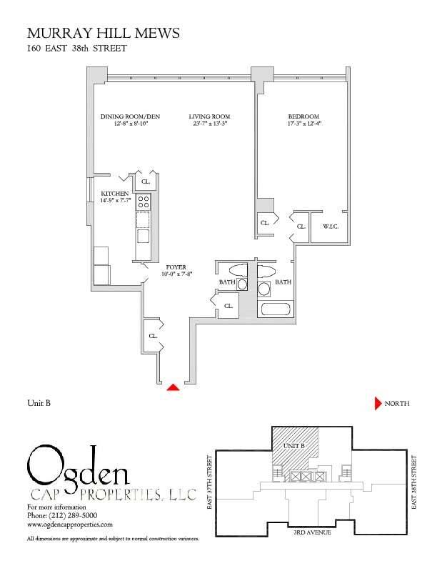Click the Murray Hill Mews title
pyautogui.click(x=103, y=33)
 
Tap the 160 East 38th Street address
pyautogui.click(x=77, y=49)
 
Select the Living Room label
pyautogui.click(x=209, y=116)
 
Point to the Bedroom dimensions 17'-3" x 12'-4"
pyautogui.click(x=304, y=124)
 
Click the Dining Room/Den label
pyautogui.click(x=130, y=116)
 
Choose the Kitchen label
pyautogui.click(x=115, y=194)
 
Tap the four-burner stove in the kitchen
pyautogui.click(x=143, y=202)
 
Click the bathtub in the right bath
pyautogui.click(x=276, y=309)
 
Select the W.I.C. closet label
pyautogui.click(x=331, y=227)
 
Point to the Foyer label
pyautogui.click(x=176, y=267)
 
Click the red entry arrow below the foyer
pyautogui.click(x=173, y=387)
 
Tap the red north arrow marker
pyautogui.click(x=378, y=403)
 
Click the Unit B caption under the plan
pyautogui.click(x=39, y=403)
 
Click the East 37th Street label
pyautogui.click(x=210, y=482)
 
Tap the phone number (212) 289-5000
pyautogui.click(x=62, y=515)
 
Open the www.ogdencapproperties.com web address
pyautogui.click(x=70, y=524)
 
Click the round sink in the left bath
pyautogui.click(x=242, y=284)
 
